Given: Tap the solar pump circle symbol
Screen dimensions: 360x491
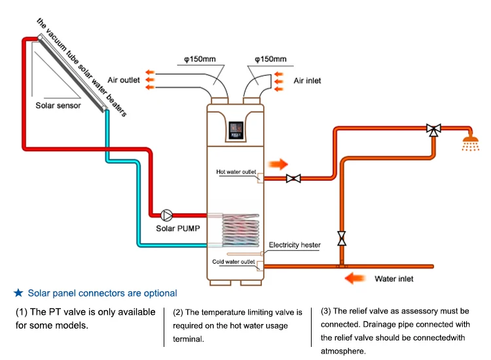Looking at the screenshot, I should click(x=166, y=215).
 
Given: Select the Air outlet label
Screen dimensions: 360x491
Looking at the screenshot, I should click(x=124, y=81).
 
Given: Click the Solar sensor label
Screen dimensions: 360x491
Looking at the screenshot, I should click(x=59, y=105).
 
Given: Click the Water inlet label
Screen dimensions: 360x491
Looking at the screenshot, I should click(x=393, y=279).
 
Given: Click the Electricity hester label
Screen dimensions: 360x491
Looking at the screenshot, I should click(x=295, y=245).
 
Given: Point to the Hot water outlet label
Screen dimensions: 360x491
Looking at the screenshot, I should click(x=236, y=172).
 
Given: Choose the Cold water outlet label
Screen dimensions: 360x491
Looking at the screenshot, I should click(x=234, y=262).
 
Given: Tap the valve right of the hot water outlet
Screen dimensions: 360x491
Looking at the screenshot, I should click(x=294, y=178).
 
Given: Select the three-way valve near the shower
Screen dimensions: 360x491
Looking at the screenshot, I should click(x=433, y=129).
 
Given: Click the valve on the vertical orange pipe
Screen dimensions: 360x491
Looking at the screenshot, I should click(x=341, y=236).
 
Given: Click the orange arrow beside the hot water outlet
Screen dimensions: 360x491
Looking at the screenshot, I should click(x=278, y=163).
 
